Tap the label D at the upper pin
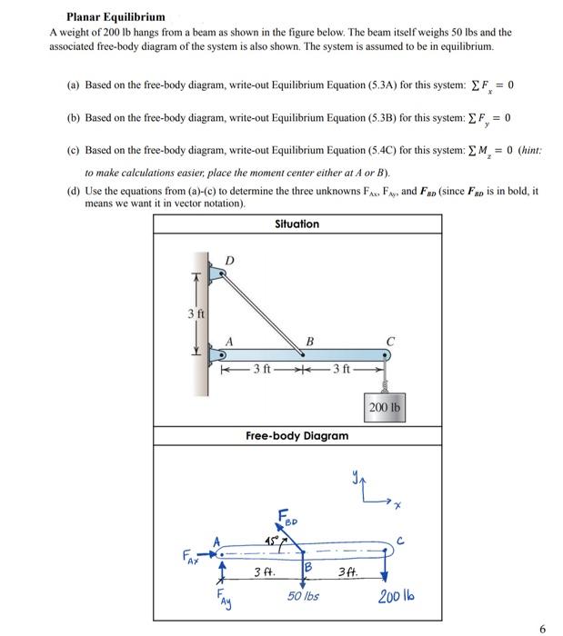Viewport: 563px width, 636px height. [229, 261]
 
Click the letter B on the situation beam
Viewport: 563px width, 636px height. [309, 342]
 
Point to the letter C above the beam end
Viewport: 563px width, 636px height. [389, 342]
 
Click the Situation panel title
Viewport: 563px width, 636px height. [297, 224]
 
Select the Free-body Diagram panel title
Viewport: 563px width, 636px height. [297, 435]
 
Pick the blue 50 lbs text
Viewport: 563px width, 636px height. [303, 595]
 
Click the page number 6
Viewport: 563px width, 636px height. [542, 627]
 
